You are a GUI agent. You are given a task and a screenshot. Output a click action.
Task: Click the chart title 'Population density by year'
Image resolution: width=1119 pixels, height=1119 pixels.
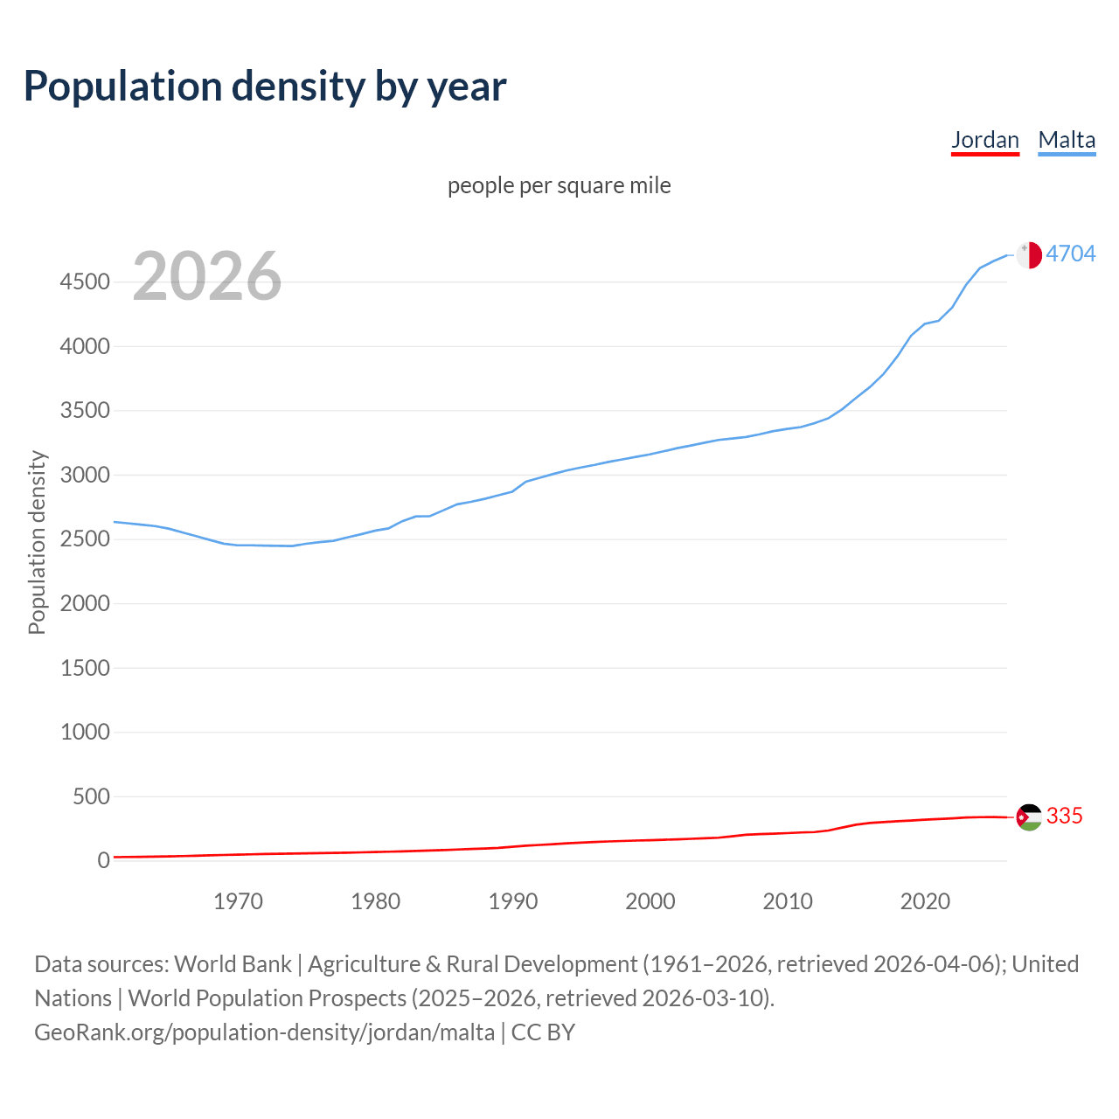(265, 87)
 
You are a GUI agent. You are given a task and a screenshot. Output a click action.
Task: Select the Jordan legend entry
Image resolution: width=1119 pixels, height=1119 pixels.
(984, 140)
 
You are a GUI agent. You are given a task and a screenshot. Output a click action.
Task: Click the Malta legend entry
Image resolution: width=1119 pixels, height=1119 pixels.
(1067, 140)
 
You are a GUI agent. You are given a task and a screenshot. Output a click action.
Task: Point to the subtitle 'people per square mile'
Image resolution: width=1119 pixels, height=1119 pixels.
(559, 185)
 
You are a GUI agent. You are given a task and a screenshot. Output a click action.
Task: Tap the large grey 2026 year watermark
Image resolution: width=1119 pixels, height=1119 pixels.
(207, 276)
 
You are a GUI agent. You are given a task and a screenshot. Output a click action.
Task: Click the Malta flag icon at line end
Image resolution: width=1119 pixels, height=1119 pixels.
(1029, 254)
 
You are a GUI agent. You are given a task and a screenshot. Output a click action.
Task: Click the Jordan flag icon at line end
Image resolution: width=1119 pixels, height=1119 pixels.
(1029, 817)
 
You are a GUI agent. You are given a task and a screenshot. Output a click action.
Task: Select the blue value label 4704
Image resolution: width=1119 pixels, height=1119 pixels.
(1070, 254)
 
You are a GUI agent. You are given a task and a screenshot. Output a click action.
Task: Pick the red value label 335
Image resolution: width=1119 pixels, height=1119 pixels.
(1064, 816)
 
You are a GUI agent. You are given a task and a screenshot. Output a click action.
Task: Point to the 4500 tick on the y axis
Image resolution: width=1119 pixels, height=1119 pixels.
(85, 282)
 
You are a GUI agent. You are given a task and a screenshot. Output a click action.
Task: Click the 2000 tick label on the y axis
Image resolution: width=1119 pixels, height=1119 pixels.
(85, 603)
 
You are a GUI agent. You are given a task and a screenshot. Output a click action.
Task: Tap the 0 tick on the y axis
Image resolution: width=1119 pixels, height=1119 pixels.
(103, 860)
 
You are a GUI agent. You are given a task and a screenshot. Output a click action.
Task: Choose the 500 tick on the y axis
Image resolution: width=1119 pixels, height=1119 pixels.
(91, 796)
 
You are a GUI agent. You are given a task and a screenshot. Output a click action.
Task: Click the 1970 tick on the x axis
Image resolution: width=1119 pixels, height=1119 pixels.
(238, 901)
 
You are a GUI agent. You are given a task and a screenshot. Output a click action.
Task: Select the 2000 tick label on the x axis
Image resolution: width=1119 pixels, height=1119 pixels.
(650, 901)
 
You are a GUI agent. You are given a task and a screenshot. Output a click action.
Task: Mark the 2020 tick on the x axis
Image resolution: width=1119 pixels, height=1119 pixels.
(925, 901)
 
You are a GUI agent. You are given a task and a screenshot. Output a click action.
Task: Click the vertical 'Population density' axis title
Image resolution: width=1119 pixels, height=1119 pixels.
(37, 542)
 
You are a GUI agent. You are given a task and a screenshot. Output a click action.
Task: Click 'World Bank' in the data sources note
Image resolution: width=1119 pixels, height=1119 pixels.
(233, 964)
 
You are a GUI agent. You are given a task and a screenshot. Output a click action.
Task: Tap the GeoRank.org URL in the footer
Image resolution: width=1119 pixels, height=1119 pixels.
(264, 1032)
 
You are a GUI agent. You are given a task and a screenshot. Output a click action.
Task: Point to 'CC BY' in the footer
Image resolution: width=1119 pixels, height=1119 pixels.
(543, 1032)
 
